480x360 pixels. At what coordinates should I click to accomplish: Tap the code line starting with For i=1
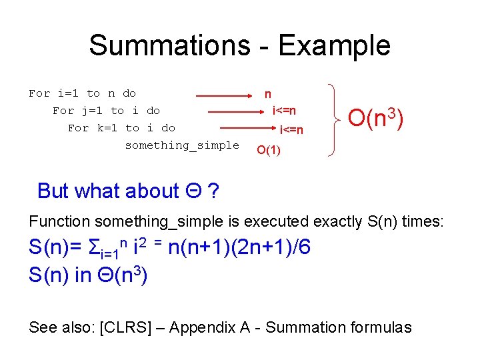pos(82,93)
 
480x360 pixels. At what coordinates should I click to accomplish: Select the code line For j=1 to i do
pos(106,111)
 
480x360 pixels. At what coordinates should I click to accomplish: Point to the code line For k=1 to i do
pos(121,128)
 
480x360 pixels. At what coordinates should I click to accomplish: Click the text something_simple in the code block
pos(182,145)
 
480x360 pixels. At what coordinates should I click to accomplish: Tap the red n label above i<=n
pos(267,95)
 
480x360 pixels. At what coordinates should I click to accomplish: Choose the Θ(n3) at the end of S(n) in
pos(122,274)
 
